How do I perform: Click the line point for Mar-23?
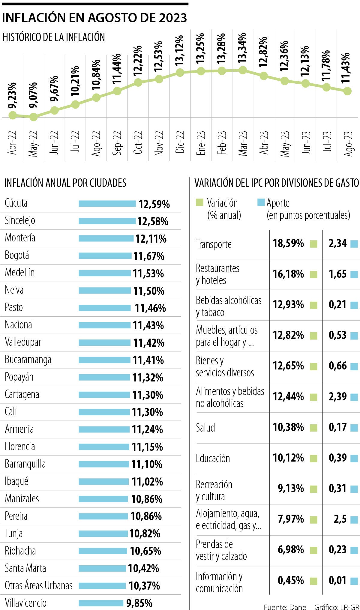point(243,70)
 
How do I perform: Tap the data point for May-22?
point(33,117)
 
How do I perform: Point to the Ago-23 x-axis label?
point(348,143)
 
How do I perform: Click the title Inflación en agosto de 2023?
point(94,18)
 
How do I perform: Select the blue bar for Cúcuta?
point(107,204)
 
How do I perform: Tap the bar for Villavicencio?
point(101,603)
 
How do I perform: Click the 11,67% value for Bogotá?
point(149,256)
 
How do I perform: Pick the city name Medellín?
point(20,273)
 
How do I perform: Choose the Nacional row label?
point(19,325)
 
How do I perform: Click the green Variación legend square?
point(199,203)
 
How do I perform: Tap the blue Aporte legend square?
point(261,203)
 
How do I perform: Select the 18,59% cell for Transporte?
point(288,244)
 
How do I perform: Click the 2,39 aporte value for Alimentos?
point(337,397)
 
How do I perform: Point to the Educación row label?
point(213,458)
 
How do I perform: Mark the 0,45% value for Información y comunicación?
point(291,581)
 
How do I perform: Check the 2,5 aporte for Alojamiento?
point(340,519)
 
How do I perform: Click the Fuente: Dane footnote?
point(285,607)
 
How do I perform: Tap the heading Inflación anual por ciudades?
point(65,183)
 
